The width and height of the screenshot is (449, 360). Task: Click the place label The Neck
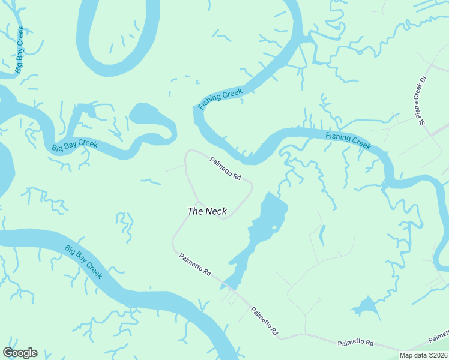click(207, 211)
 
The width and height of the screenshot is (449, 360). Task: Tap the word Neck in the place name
click(216, 211)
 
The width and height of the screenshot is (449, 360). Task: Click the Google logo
click(20, 353)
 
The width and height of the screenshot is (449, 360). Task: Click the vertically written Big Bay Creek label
click(20, 49)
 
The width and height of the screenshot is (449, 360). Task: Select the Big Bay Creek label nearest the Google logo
click(83, 262)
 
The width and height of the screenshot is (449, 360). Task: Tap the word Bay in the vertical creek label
click(20, 49)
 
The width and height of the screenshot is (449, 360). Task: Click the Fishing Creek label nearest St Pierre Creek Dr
click(348, 140)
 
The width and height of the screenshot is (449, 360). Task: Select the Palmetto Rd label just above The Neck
click(225, 169)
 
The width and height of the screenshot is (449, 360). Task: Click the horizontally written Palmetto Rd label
click(355, 343)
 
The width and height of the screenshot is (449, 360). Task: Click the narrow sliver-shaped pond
click(322, 235)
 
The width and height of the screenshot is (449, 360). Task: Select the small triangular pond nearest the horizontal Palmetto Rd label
click(366, 308)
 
